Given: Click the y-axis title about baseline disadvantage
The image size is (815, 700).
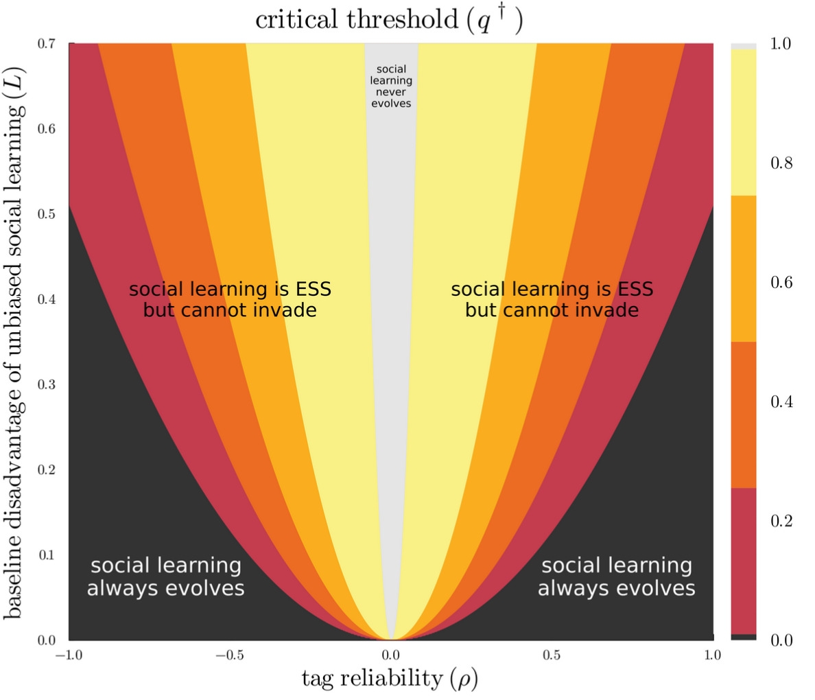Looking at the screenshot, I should [x=15, y=341].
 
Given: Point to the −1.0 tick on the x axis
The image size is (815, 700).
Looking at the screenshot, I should [x=69, y=655].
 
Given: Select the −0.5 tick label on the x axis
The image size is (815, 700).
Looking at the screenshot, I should [x=229, y=655].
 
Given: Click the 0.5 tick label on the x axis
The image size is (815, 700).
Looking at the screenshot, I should [x=552, y=655].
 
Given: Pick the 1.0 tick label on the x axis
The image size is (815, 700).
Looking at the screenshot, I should [x=713, y=655].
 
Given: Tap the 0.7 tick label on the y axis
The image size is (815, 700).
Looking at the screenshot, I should [x=47, y=44].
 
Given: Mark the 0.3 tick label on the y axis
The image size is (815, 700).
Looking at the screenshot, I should [x=47, y=384].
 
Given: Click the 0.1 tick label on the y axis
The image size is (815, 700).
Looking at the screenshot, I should [x=47, y=555].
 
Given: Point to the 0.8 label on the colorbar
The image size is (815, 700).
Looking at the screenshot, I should [x=781, y=163].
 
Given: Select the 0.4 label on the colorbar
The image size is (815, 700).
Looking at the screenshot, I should [x=781, y=401].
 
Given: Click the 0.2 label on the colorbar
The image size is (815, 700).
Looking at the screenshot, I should [x=781, y=521].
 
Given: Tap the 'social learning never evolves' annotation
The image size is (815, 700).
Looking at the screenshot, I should [x=391, y=86].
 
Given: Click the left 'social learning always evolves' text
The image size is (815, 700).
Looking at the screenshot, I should [x=165, y=577].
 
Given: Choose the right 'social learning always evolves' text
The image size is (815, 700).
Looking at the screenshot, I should [x=616, y=577].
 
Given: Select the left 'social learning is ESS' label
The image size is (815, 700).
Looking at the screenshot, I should [x=230, y=290].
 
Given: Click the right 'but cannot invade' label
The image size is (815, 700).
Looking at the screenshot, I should [x=552, y=310].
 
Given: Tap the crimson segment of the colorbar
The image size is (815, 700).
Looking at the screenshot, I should [x=743, y=561].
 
